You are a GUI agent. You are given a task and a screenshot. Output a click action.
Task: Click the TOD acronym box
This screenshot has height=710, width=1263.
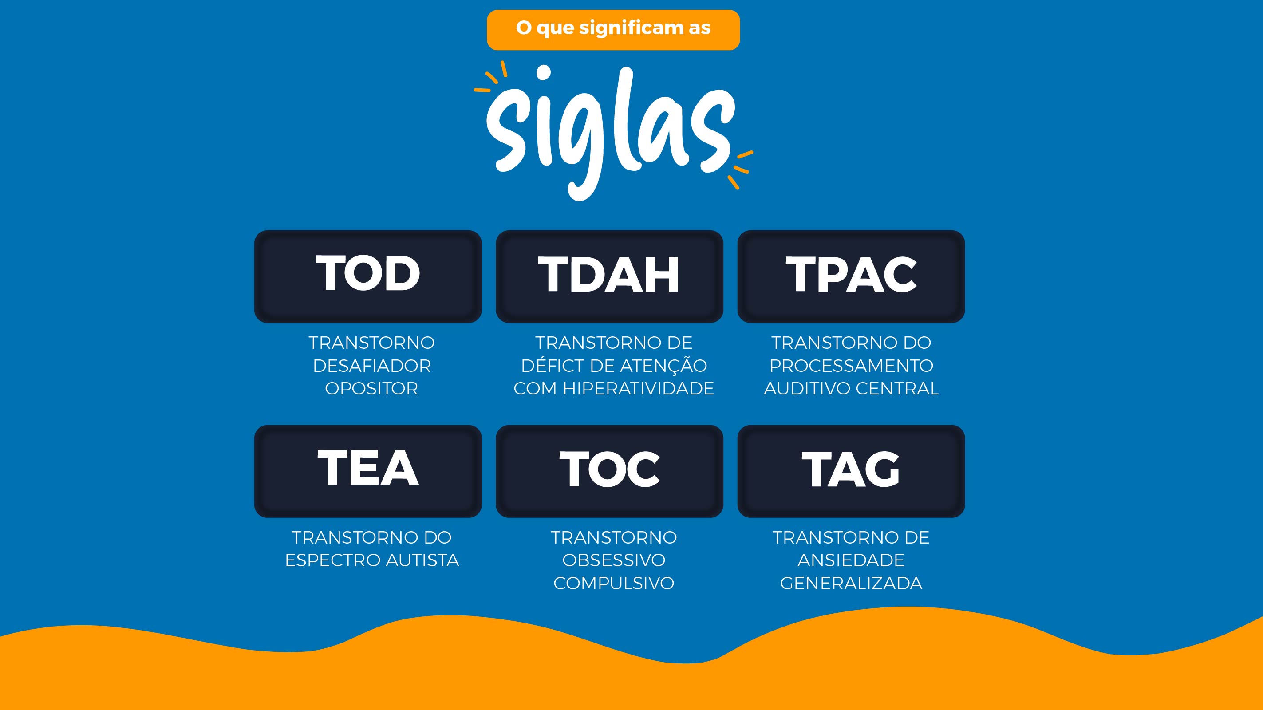tap(368, 276)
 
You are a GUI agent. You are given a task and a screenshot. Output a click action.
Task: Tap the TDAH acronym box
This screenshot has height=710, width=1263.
tap(609, 276)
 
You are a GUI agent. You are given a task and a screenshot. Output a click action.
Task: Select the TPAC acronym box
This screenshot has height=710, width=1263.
tap(851, 276)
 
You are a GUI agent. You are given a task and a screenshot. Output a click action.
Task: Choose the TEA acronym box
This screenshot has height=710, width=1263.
tap(368, 471)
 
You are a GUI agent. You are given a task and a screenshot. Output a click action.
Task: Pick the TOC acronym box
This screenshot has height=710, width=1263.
tap(609, 471)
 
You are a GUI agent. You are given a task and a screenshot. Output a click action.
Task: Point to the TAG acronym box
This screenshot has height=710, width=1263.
tap(851, 471)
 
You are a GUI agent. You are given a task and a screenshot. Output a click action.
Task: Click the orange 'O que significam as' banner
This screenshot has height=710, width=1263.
tap(613, 30)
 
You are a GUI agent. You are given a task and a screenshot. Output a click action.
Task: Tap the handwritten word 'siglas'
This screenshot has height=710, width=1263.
tap(610, 132)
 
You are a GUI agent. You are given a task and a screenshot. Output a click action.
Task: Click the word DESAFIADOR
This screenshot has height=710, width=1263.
tap(371, 366)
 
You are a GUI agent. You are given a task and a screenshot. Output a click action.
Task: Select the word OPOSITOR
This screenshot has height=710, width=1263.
tap(371, 388)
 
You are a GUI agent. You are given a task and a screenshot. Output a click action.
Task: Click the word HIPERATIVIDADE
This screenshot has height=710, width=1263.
tap(638, 388)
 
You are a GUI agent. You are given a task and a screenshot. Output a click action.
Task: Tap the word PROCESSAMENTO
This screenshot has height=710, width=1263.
tap(851, 366)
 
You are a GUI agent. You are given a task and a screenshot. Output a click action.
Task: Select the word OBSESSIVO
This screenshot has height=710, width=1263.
tap(614, 560)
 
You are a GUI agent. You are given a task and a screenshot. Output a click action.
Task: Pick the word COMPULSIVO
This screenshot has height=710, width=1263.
tap(614, 584)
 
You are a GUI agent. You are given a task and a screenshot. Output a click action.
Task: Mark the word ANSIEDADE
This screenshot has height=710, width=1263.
tap(851, 560)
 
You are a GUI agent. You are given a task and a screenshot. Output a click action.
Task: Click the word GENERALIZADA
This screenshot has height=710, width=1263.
tap(851, 584)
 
